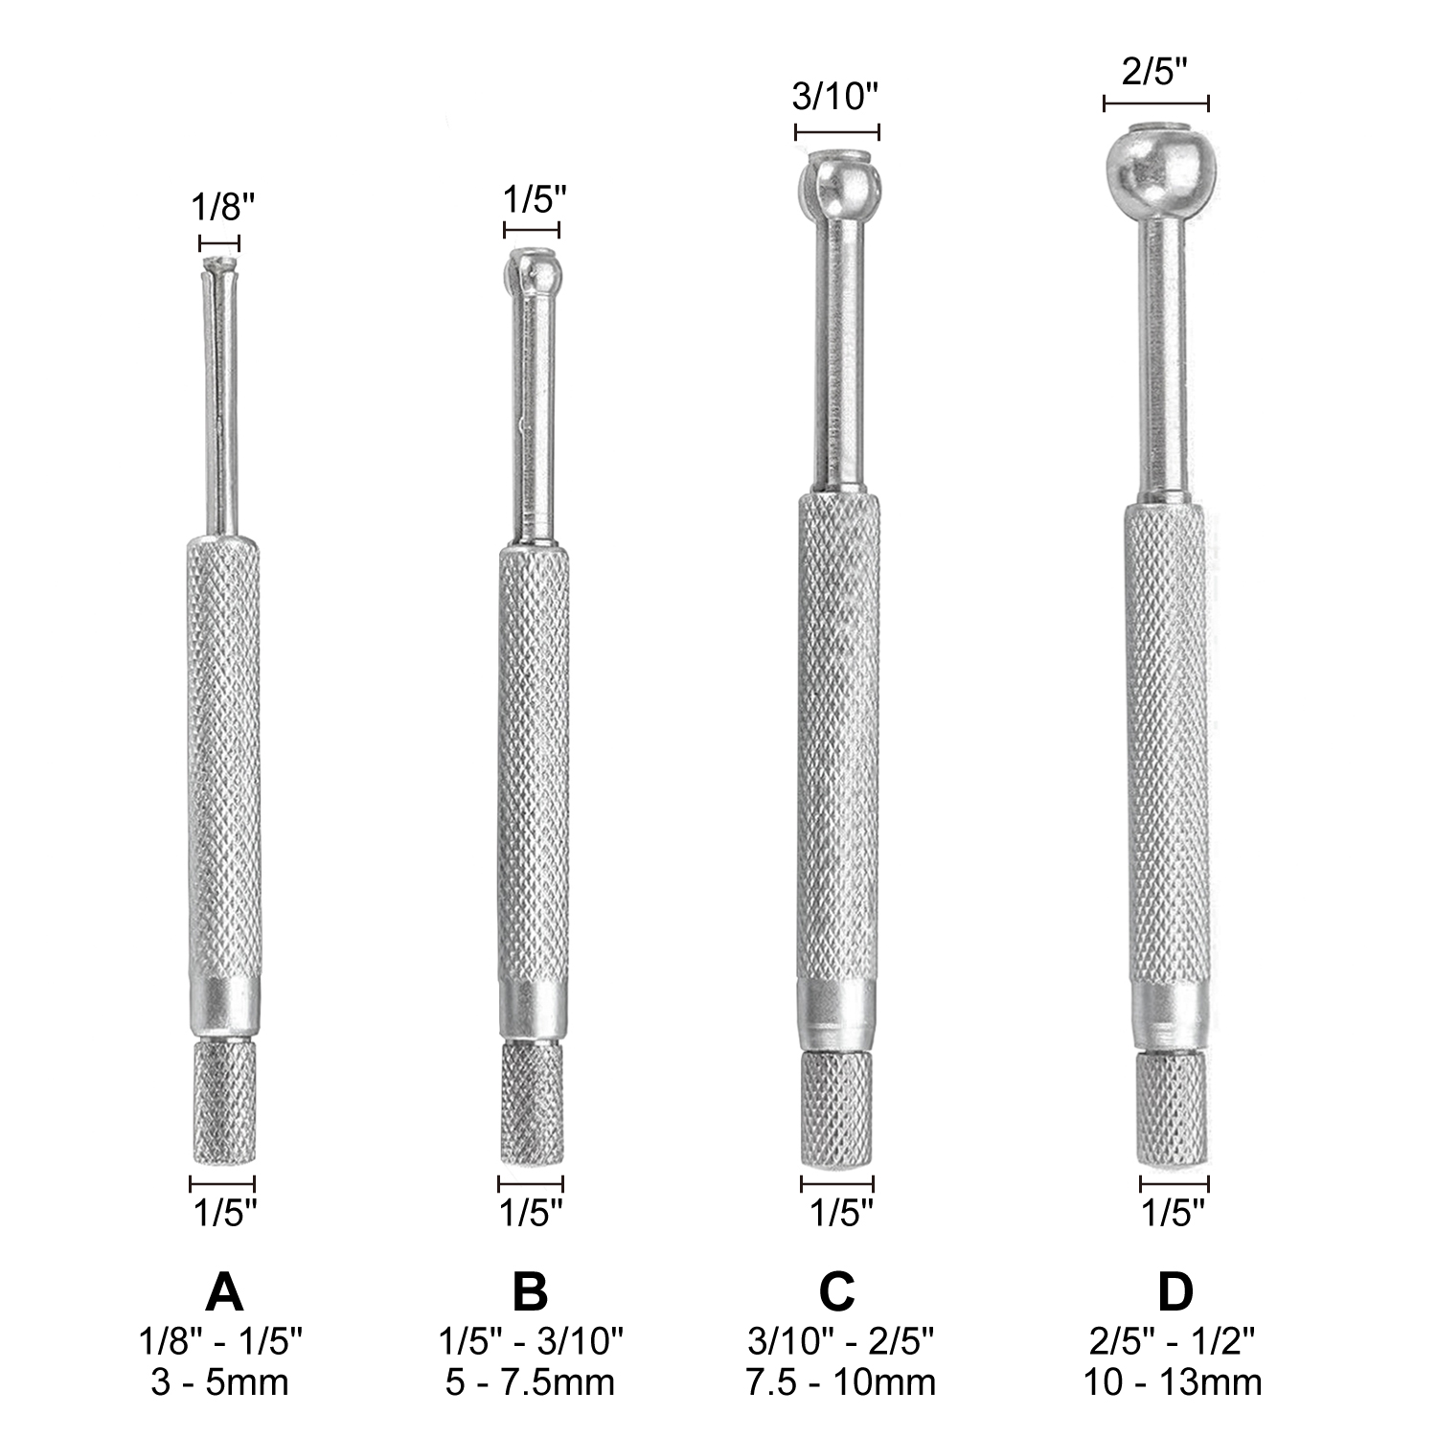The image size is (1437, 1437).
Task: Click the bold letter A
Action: point(224,1292)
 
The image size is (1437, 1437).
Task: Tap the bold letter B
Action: point(530,1292)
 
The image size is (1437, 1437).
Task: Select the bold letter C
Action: point(836,1292)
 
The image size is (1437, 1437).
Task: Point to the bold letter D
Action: point(1175,1292)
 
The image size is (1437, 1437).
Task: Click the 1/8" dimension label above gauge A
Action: point(223,207)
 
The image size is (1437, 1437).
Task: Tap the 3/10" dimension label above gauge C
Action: point(835,97)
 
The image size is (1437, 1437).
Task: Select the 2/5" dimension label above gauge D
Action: point(1154,73)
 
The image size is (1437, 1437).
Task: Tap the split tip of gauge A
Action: point(221,270)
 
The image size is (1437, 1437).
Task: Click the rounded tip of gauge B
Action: point(533,272)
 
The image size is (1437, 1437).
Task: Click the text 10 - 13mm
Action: point(1173,1382)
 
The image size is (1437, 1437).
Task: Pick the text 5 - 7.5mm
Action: point(530,1382)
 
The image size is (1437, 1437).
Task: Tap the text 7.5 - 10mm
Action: point(840,1382)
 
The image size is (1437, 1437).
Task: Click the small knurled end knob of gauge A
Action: point(224,1102)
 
